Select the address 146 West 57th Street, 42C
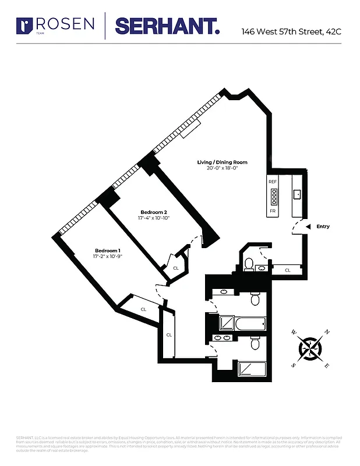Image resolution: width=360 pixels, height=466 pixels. coord(291,31)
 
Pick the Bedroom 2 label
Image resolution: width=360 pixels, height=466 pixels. coord(154,212)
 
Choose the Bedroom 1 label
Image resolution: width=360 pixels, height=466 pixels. coord(108,250)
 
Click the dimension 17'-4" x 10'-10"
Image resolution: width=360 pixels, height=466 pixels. coord(154,218)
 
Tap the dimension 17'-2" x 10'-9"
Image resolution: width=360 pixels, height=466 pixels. coord(108,257)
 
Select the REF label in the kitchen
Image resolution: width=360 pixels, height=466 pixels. coord(272,182)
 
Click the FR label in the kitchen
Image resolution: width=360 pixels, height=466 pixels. coord(272,210)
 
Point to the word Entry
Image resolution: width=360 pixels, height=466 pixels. coord(323,227)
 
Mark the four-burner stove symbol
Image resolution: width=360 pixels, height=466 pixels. coord(272,196)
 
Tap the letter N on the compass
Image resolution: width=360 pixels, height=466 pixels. coord(327,332)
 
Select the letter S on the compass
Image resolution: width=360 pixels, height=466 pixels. coord(293,365)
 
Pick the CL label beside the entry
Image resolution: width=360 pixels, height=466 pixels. coord(288,270)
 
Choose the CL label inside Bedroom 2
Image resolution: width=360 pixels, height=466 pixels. coord(176,268)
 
